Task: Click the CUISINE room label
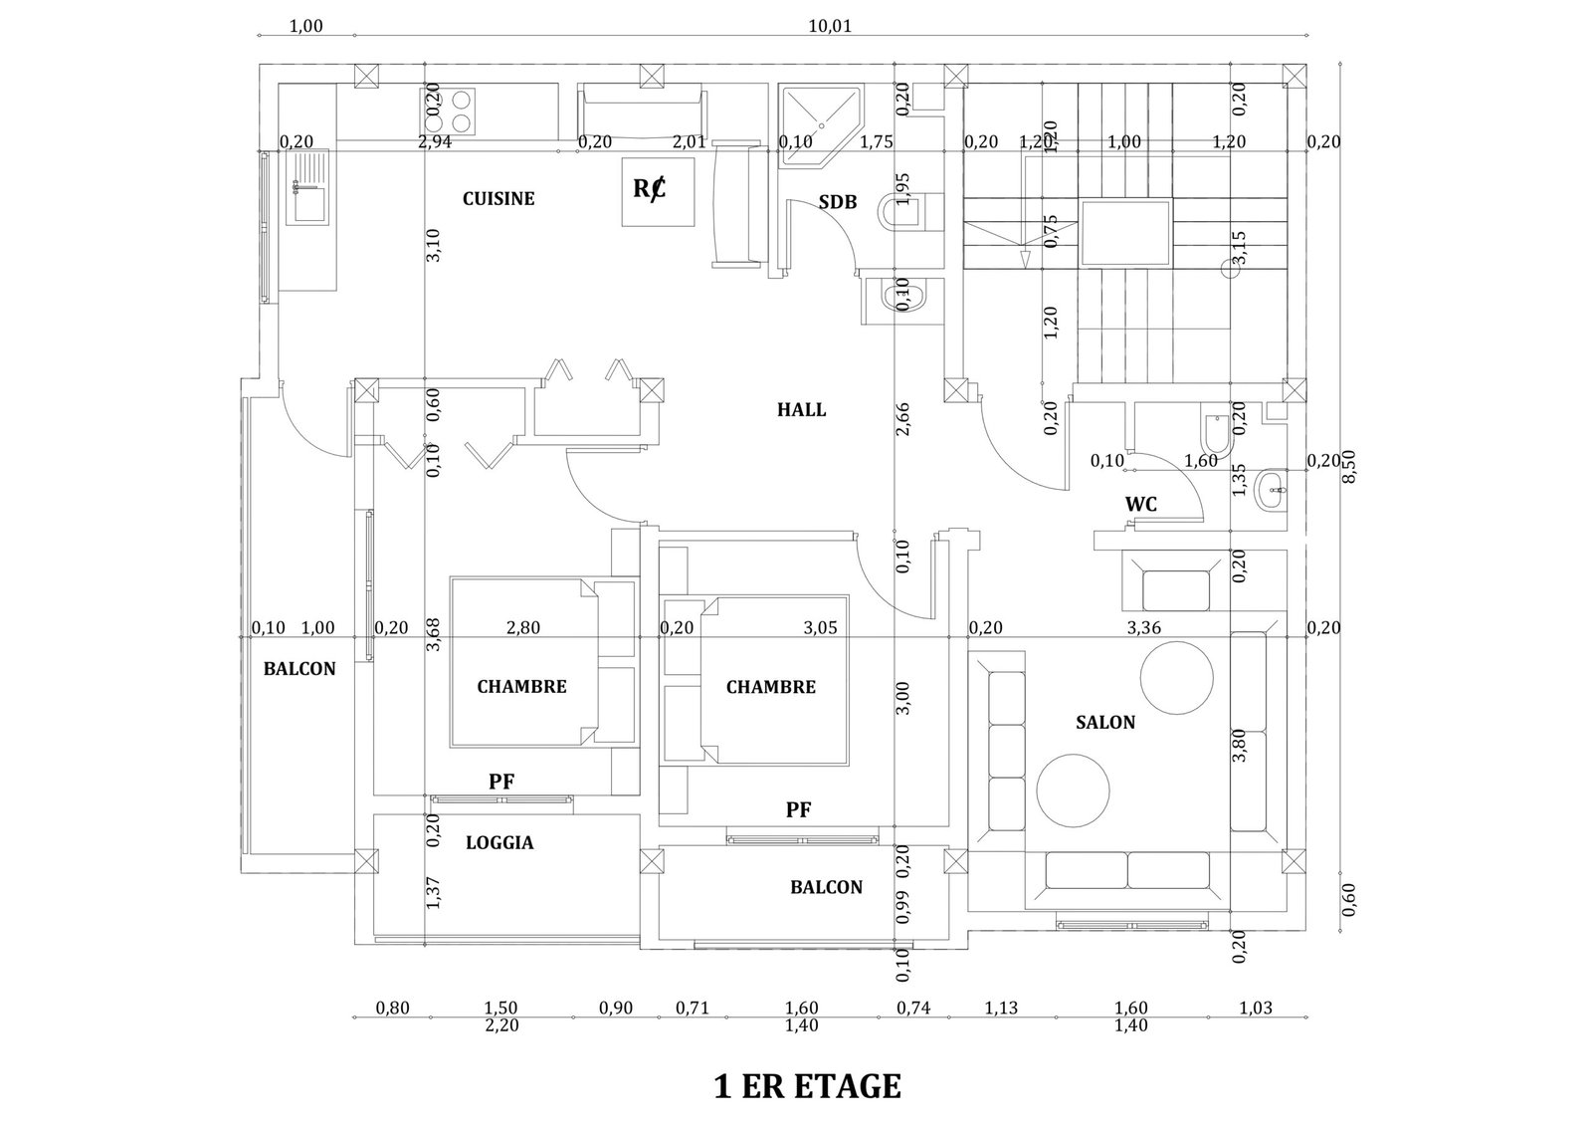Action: pyautogui.click(x=498, y=199)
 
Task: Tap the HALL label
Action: pyautogui.click(x=801, y=409)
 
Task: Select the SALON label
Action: pyautogui.click(x=1105, y=723)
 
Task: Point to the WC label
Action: pyautogui.click(x=1140, y=504)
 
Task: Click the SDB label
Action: pyautogui.click(x=837, y=202)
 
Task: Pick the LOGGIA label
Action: pyautogui.click(x=499, y=842)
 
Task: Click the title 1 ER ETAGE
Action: pyautogui.click(x=807, y=1086)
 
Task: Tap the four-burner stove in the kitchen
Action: pyautogui.click(x=447, y=112)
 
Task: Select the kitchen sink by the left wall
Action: pyautogui.click(x=307, y=188)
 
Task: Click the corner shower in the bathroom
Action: pyautogui.click(x=820, y=125)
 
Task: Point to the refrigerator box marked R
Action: pyautogui.click(x=658, y=192)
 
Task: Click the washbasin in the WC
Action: pyautogui.click(x=1270, y=490)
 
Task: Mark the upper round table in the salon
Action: pyautogui.click(x=1176, y=678)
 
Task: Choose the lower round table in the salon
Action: pyautogui.click(x=1073, y=790)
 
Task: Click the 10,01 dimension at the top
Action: pyautogui.click(x=830, y=26)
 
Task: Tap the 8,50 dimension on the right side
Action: pyautogui.click(x=1349, y=467)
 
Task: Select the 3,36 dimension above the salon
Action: pyautogui.click(x=1143, y=628)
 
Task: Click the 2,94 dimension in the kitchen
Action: pyautogui.click(x=434, y=141)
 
